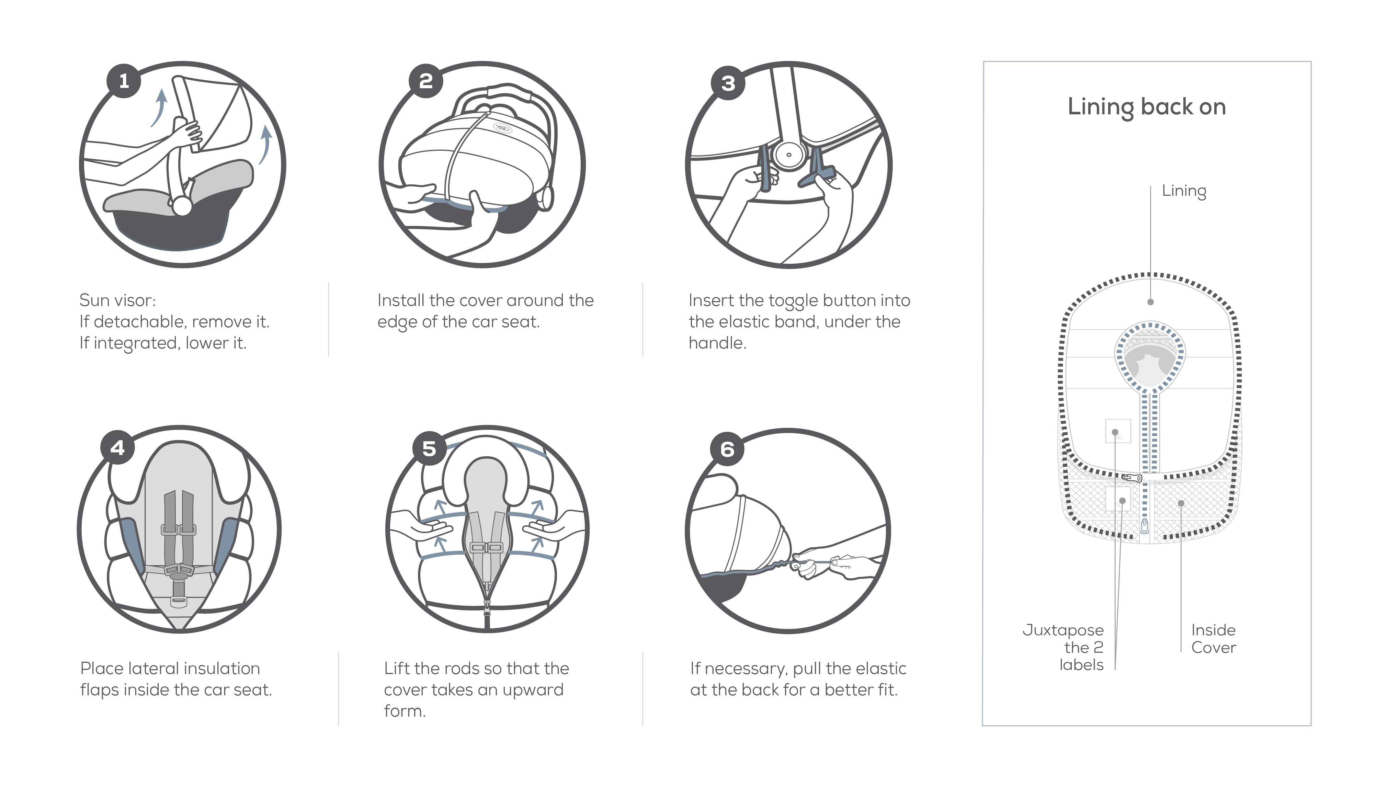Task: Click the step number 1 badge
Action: tap(124, 81)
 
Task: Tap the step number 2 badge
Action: tap(426, 81)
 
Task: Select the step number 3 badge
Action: tap(728, 83)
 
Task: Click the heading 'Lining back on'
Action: tap(1146, 107)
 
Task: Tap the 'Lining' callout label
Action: tap(1184, 191)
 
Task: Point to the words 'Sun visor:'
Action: tap(117, 300)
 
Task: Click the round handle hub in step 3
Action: tap(788, 155)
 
